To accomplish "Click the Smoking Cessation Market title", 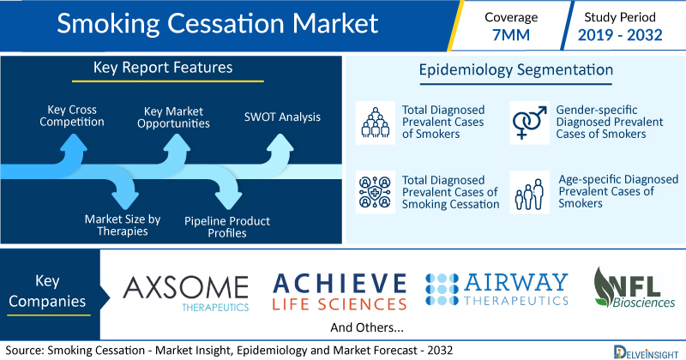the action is [x=218, y=23].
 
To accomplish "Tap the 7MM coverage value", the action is [x=511, y=34].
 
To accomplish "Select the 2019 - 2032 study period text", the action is [x=620, y=34].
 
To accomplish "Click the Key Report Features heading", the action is [x=163, y=68].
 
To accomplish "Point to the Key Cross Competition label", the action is [x=72, y=116].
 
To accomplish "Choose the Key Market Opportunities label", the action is [x=173, y=117].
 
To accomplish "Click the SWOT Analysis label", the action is [x=282, y=117].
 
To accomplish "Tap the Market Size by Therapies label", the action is [x=123, y=225].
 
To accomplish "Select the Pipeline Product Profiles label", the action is [x=227, y=226].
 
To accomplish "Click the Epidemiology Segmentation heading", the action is [x=516, y=70].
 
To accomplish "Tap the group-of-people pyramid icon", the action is [x=376, y=123].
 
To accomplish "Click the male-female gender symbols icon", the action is [x=529, y=123].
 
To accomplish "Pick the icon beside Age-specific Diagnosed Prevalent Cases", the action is [x=529, y=192].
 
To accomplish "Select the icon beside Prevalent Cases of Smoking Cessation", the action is [x=376, y=192].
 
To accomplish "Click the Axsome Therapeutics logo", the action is [x=186, y=293].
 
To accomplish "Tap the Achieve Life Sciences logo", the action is [x=340, y=291].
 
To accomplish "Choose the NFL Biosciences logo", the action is [x=634, y=287].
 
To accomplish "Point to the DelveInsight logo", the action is [x=646, y=352].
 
